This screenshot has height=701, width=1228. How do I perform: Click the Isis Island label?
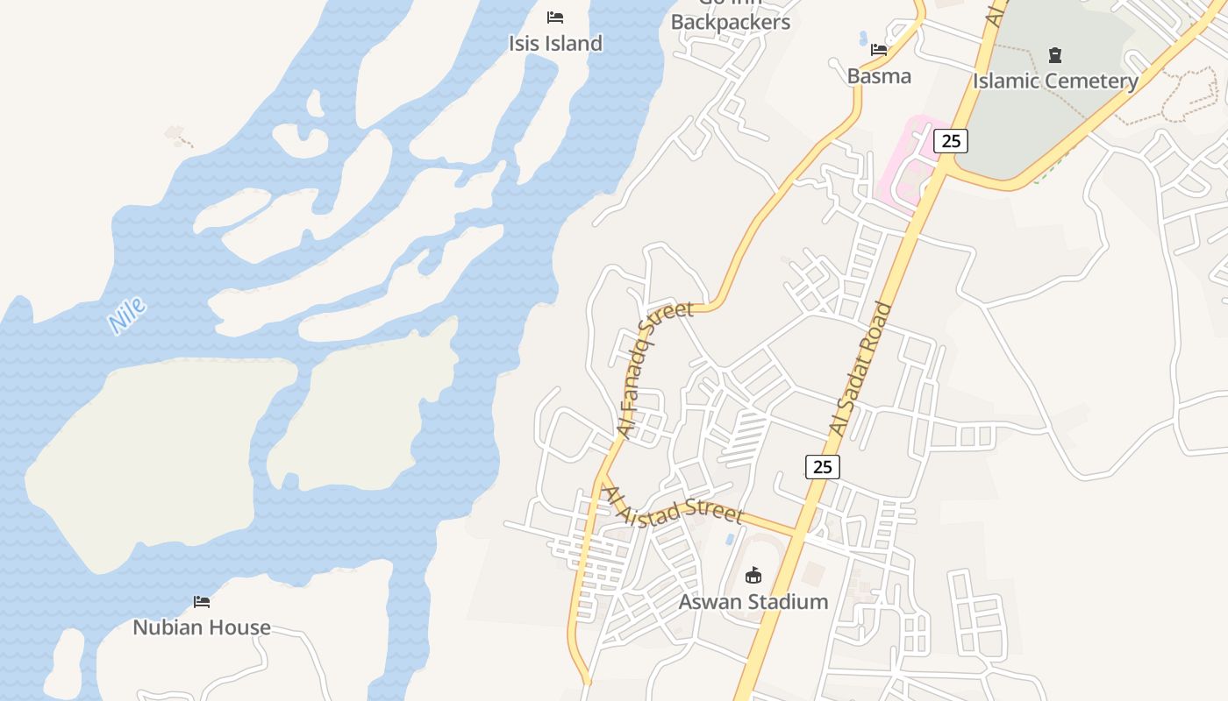[x=555, y=43]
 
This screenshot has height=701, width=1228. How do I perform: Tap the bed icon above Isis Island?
[x=554, y=18]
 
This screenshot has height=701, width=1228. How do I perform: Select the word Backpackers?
[x=730, y=23]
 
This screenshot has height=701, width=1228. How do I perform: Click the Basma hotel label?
[x=879, y=76]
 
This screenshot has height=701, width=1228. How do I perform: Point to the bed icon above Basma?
[x=879, y=51]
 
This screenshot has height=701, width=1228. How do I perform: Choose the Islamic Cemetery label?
[x=1055, y=81]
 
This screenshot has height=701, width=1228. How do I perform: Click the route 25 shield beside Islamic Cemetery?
[x=950, y=140]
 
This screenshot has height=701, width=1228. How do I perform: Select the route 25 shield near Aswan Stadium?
[x=822, y=467]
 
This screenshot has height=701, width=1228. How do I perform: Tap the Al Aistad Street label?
[x=674, y=506]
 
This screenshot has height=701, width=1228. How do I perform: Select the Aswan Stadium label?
[x=753, y=602]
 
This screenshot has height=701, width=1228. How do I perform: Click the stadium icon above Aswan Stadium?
[x=753, y=576]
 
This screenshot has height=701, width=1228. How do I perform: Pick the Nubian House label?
[x=202, y=627]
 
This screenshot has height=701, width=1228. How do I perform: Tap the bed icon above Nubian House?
[x=202, y=602]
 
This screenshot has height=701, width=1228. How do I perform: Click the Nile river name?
[x=127, y=316]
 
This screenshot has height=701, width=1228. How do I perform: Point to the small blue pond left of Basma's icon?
[x=862, y=39]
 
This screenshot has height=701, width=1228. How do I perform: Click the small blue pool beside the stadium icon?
[x=730, y=538]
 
